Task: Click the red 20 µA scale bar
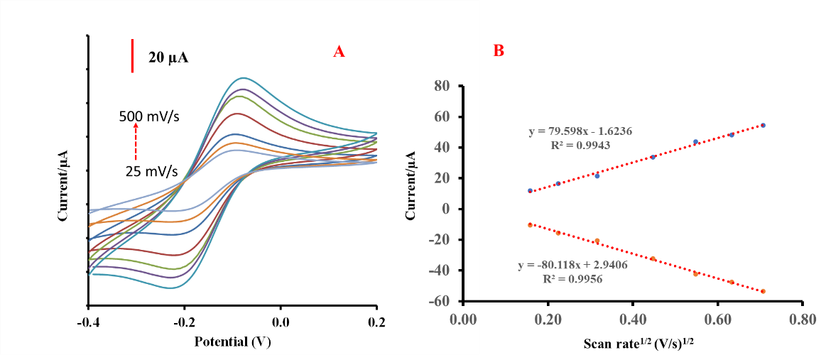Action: point(133,56)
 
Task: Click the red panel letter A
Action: point(339,51)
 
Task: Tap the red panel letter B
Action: point(499,51)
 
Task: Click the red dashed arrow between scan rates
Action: point(135,143)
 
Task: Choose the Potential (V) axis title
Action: point(232,341)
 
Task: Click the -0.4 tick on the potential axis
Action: point(87,322)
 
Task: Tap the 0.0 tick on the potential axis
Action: point(281,322)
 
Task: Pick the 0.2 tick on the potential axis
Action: point(376,322)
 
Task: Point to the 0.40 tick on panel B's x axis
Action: point(632,320)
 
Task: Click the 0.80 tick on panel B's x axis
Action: point(803,320)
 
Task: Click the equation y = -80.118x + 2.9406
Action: point(575,265)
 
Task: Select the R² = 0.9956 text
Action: point(574,278)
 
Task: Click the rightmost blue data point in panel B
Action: point(763,125)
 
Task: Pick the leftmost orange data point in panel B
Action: point(531,224)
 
